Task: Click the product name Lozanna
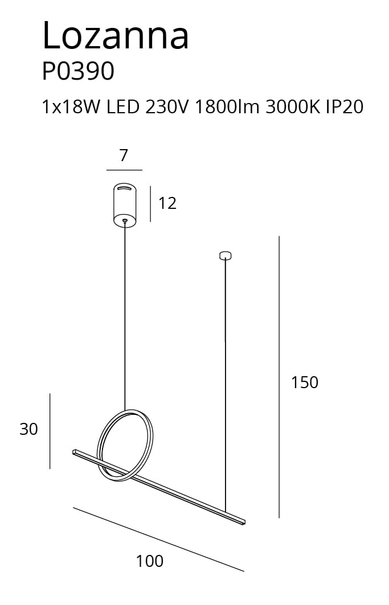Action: [116, 35]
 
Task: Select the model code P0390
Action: [78, 71]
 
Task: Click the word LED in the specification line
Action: [123, 107]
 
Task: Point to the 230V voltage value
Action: [167, 107]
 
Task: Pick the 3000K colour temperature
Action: [293, 107]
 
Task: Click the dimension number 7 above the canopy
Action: [124, 155]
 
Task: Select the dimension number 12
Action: [167, 203]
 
